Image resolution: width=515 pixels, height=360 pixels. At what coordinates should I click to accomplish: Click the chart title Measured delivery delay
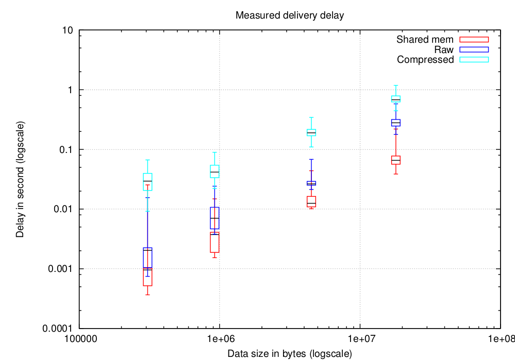point(289,15)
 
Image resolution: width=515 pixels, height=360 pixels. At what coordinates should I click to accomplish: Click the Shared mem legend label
point(425,40)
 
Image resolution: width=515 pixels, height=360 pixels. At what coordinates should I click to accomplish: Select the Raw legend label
point(444,50)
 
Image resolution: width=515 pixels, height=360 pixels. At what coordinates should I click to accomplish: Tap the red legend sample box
point(474,40)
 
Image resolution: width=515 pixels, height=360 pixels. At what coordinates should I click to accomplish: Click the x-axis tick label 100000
point(79,340)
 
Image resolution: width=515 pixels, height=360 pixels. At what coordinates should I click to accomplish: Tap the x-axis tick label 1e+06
point(220,340)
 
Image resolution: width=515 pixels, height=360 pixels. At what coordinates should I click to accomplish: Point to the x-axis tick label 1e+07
point(360,340)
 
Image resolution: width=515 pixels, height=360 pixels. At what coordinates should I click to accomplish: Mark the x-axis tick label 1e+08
point(500,340)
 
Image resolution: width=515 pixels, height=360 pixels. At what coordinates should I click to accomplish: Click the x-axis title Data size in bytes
point(289,354)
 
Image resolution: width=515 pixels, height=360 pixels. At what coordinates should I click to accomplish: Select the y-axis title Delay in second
point(20,179)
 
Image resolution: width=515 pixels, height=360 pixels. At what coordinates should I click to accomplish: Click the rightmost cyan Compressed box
point(396,99)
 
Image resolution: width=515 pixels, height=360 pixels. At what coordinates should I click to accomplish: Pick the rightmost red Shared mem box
point(396,160)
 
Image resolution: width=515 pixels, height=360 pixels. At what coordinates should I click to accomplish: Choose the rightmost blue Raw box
point(396,123)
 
